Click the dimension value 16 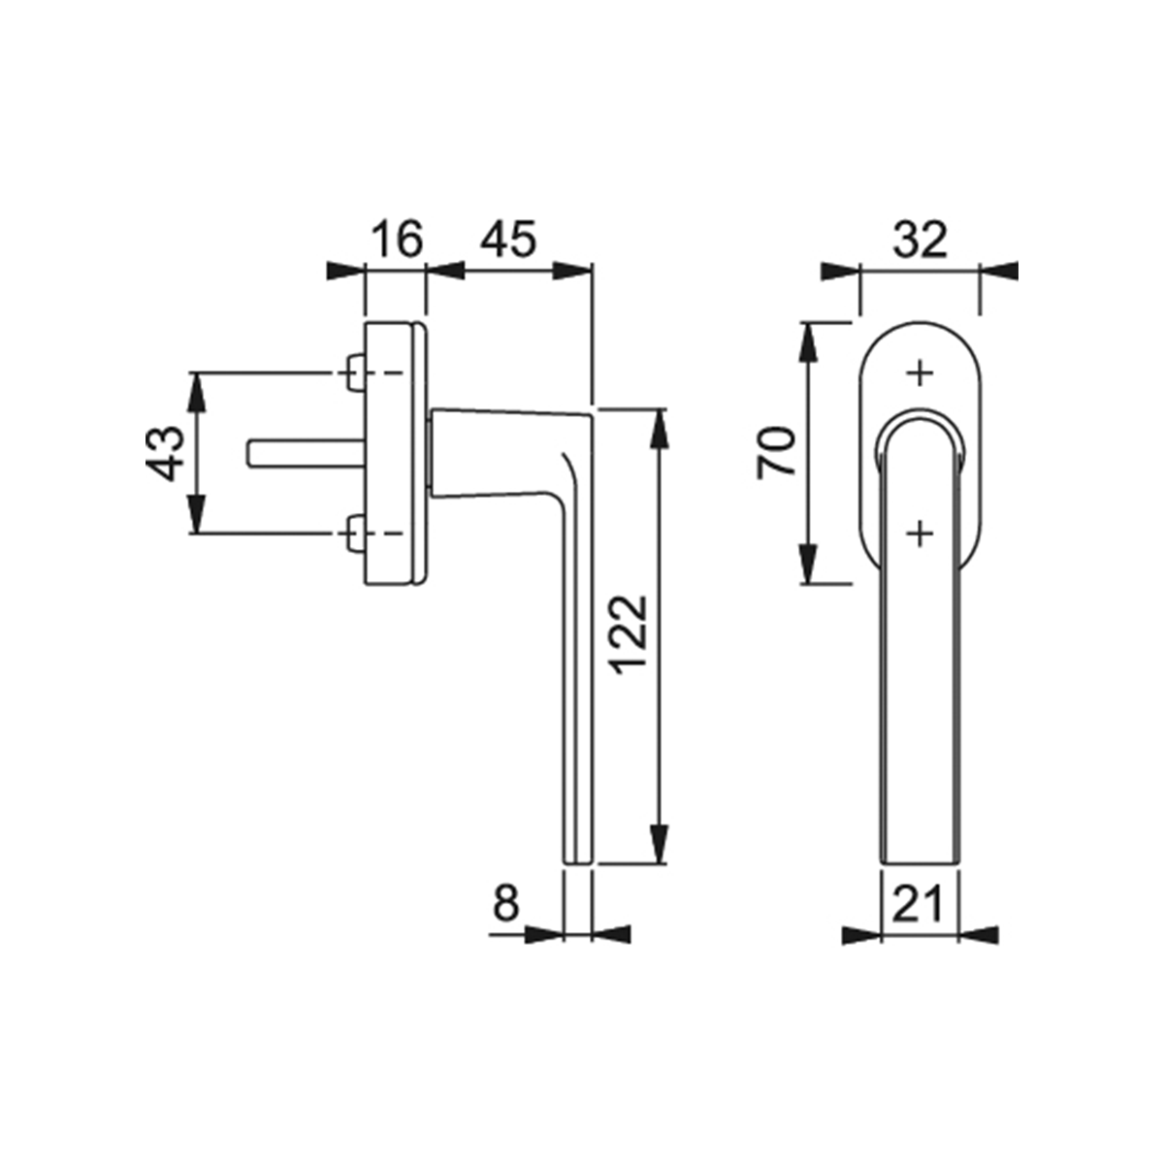(397, 240)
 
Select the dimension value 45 (508, 240)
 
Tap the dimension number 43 (164, 454)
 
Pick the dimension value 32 (920, 240)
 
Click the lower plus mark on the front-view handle (920, 533)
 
